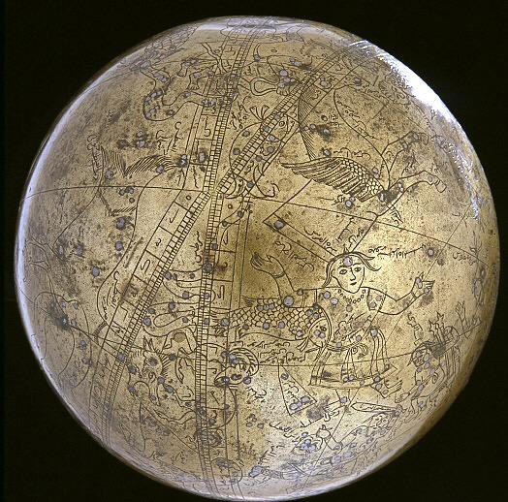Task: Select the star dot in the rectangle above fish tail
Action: tap(276, 225)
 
